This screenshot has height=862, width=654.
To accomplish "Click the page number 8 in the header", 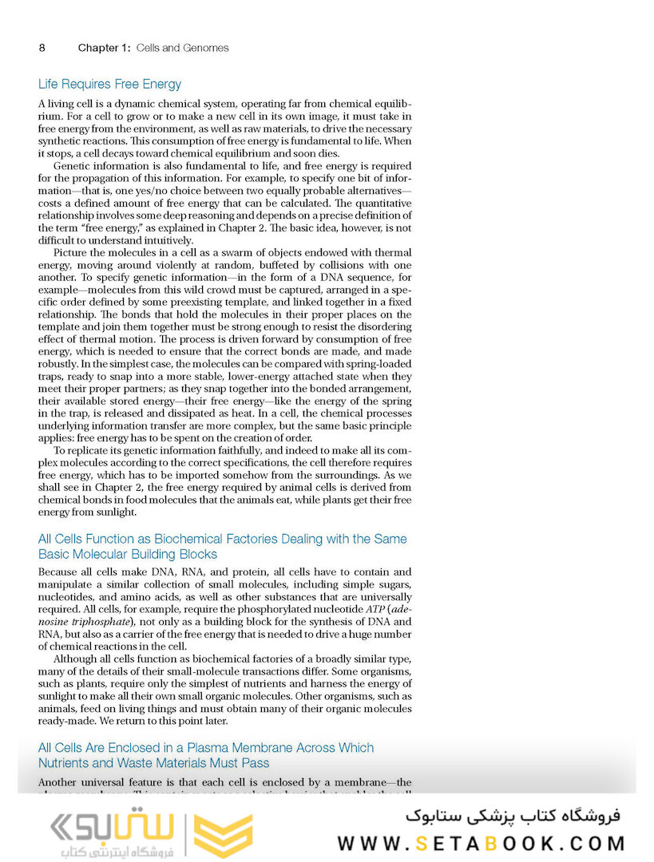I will point(42,48).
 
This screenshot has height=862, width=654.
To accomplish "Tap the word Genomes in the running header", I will point(204,48).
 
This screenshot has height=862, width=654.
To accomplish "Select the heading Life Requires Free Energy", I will point(109,84).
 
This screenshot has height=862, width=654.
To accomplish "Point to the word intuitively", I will point(169,240).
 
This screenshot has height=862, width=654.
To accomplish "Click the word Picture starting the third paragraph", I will point(71,253).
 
